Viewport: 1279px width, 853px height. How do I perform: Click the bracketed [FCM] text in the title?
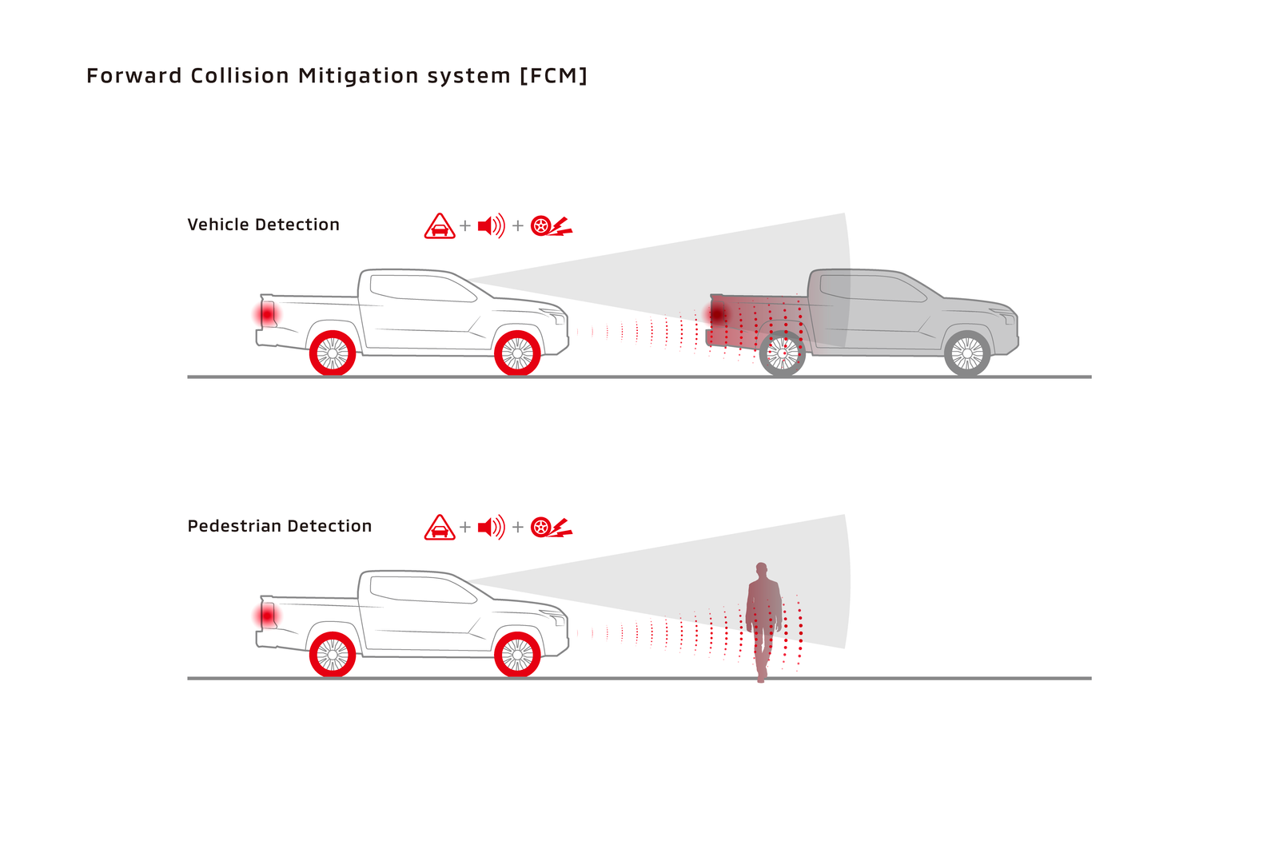point(553,76)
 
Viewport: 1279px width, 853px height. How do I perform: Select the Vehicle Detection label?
point(263,225)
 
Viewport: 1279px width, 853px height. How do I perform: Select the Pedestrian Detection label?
point(279,526)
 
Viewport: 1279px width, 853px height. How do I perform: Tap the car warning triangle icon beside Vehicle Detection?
point(440,227)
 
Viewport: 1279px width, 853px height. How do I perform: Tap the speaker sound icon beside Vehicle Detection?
point(491,226)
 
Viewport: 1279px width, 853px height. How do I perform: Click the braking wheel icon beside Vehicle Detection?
point(551,226)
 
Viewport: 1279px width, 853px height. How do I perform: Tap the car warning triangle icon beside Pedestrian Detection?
point(440,528)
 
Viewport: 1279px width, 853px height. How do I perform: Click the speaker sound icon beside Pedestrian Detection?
point(491,528)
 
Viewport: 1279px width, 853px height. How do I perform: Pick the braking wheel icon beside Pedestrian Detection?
point(551,528)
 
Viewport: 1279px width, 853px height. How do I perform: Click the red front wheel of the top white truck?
point(517,353)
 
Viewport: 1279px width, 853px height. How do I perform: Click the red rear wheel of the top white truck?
point(333,353)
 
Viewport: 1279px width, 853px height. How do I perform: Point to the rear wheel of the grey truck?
point(782,353)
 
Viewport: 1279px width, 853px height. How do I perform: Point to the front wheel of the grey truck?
point(967,353)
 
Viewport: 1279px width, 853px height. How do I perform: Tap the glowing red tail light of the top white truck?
point(267,314)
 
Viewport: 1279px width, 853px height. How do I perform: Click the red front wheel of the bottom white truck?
point(517,655)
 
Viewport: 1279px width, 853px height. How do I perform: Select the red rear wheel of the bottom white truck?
point(333,655)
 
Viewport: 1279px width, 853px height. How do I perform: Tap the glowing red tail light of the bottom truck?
point(267,616)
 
